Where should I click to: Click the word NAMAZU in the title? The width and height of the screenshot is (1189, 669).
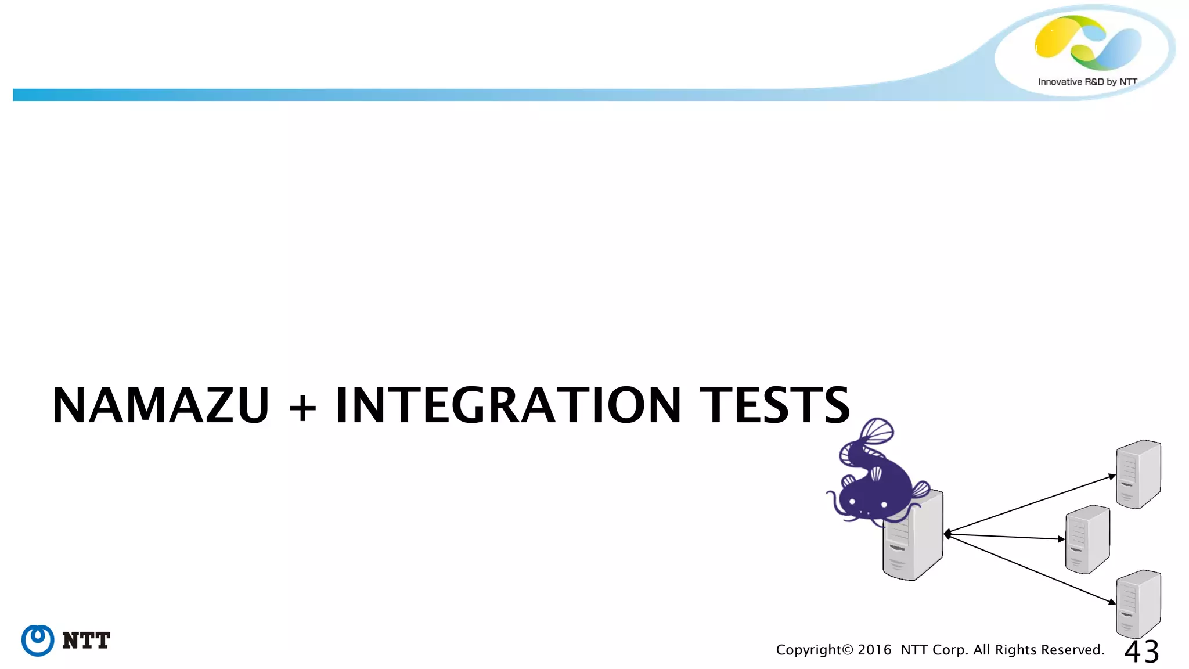click(x=160, y=405)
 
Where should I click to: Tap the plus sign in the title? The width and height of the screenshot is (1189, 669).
click(x=302, y=407)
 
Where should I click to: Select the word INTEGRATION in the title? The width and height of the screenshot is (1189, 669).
click(x=508, y=405)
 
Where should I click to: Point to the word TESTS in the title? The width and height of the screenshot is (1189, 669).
click(x=774, y=405)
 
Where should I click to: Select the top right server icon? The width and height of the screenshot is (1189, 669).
click(x=1138, y=474)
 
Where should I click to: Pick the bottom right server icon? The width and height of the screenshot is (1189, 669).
click(x=1138, y=604)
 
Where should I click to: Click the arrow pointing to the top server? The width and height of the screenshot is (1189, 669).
click(x=1031, y=504)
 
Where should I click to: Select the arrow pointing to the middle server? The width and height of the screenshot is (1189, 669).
click(x=1004, y=537)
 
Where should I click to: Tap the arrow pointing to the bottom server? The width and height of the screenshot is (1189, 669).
click(x=1031, y=569)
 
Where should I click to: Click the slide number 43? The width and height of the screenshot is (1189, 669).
click(x=1141, y=652)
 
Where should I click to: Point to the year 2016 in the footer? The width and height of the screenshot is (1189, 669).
click(x=874, y=650)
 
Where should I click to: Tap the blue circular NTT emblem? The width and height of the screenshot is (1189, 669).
click(x=38, y=641)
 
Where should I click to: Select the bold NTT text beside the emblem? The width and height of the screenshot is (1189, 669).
click(x=86, y=641)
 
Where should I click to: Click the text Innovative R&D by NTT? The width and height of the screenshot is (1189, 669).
click(x=1087, y=82)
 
